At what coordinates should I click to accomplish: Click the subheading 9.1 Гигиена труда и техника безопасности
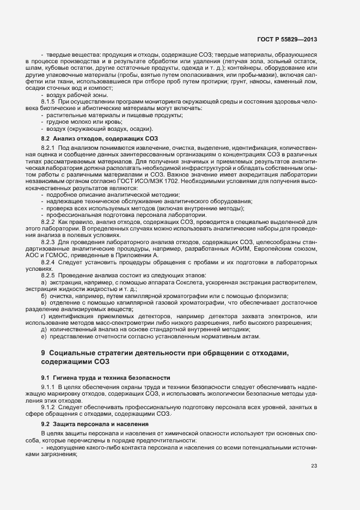tap(106, 377)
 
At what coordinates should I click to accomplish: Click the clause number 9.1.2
tap(48, 408)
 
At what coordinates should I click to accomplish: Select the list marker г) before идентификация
tap(44, 316)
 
